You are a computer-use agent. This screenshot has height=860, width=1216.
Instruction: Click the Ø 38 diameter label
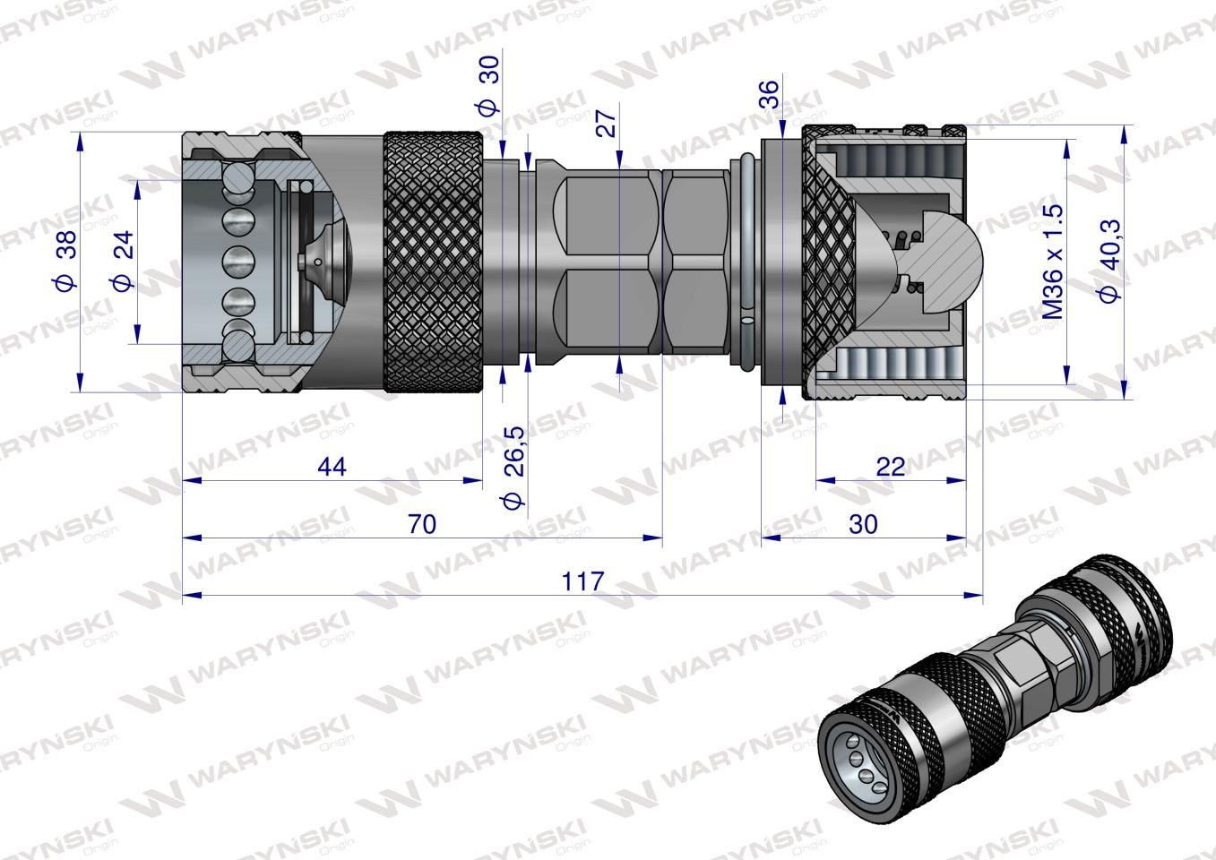67,260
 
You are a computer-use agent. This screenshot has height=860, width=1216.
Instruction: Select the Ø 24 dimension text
123,261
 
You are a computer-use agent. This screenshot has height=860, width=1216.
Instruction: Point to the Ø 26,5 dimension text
514,468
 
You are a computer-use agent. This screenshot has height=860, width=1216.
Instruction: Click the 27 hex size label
607,123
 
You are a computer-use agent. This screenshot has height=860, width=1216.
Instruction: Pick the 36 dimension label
769,94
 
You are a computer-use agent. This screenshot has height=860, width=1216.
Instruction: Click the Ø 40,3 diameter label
1108,261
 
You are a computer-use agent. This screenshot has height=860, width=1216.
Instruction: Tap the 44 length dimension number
332,467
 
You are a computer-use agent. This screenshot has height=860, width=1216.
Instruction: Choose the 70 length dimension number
422,524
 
